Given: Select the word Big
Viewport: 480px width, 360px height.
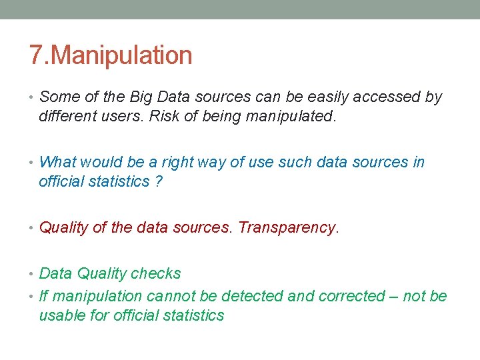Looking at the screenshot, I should (143, 97).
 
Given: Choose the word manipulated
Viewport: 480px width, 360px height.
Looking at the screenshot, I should (291, 116).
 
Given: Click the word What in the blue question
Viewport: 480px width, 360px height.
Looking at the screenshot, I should (58, 162).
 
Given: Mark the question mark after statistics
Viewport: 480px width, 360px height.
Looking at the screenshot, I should (158, 181).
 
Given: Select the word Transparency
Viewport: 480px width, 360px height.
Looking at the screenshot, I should (289, 227).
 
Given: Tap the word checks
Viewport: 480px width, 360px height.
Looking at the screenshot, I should (156, 273).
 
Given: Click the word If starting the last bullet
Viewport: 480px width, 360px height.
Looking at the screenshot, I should (44, 296).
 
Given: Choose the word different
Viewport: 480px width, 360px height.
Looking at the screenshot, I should (70, 116).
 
